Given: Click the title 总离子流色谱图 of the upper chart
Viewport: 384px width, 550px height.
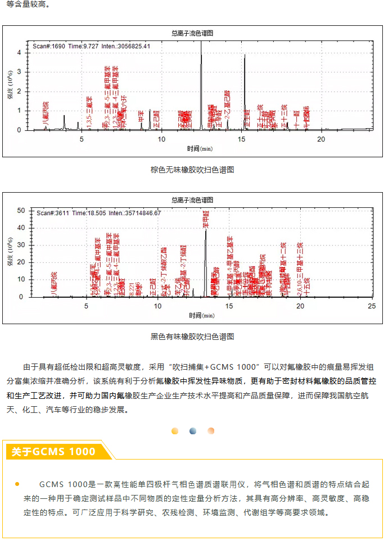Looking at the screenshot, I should (x=192, y=33).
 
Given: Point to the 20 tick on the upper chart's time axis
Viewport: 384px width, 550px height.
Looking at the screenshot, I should (x=321, y=139).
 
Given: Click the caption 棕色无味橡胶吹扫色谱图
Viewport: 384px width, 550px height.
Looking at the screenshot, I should (x=192, y=170).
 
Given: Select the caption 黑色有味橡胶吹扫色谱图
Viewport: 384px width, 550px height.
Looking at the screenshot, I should (x=192, y=337).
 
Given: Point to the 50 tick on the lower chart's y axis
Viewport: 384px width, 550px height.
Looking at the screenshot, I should (x=22, y=211).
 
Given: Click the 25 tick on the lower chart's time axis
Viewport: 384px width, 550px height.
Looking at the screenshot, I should (x=371, y=306).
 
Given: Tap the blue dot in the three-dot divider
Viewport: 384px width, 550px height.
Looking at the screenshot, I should (x=192, y=431).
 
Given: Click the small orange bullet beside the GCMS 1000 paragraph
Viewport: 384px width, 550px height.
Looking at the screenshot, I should (x=17, y=484).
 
